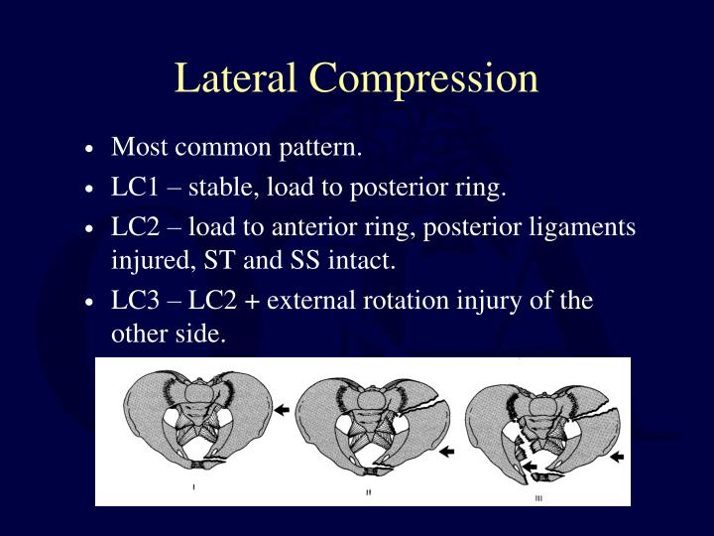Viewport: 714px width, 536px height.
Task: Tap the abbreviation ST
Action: point(215,262)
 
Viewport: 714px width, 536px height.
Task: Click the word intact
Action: point(362,262)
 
